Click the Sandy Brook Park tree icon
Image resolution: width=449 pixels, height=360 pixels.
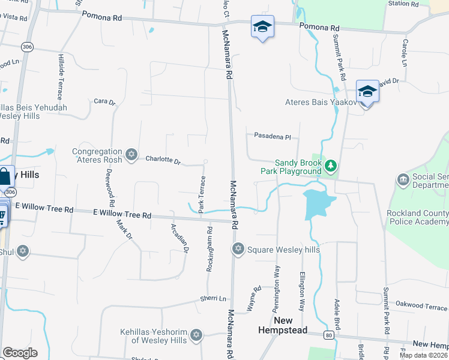[x=330, y=165]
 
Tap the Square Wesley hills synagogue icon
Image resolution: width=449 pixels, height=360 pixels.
[x=238, y=248]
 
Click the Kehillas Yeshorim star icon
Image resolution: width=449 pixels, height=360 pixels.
[x=196, y=335]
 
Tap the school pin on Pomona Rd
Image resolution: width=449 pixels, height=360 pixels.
[x=262, y=27]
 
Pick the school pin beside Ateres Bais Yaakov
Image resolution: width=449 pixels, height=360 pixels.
[x=367, y=92]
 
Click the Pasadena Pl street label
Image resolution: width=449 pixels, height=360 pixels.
[x=272, y=137]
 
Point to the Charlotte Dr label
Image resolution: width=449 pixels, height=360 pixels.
[x=163, y=160]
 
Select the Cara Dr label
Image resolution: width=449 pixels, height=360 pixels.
[x=104, y=102]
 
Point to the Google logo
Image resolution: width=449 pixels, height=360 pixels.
[x=20, y=352]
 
